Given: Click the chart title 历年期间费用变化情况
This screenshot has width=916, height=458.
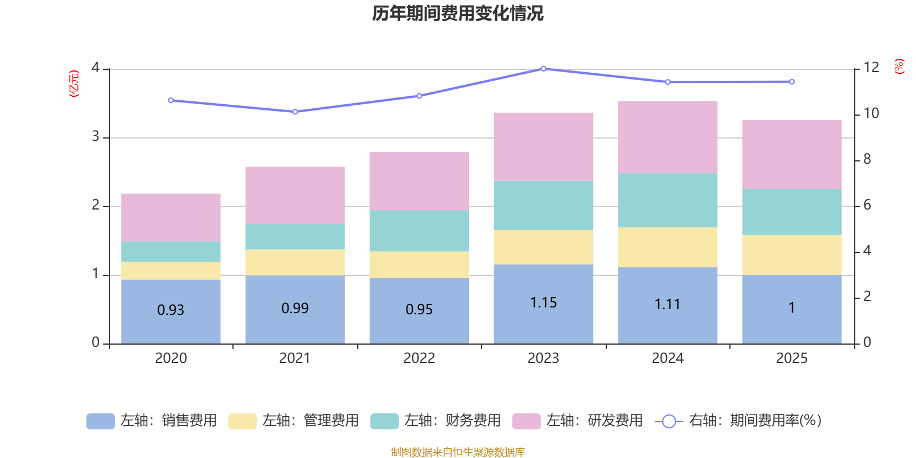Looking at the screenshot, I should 457,13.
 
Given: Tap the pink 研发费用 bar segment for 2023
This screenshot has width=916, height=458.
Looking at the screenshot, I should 543,147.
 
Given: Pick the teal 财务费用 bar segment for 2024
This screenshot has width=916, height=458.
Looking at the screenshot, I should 668,200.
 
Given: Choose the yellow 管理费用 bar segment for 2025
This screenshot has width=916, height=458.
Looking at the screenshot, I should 792,255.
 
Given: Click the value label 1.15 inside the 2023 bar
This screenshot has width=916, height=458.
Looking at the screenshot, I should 543,303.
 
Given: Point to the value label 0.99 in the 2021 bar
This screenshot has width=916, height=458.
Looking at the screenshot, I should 295,309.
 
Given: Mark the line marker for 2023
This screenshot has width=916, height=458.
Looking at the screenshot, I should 543,69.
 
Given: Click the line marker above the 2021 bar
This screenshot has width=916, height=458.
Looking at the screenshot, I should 295,112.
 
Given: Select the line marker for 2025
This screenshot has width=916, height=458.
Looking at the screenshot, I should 792,82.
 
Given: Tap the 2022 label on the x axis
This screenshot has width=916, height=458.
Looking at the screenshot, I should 419,358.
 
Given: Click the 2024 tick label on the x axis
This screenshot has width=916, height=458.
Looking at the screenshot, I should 668,358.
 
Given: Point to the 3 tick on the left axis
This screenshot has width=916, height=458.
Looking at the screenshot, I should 96,137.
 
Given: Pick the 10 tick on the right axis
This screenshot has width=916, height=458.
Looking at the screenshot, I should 871,113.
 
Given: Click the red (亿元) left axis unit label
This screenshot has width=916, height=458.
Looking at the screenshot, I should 74,84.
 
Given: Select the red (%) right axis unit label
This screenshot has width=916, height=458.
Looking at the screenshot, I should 899,66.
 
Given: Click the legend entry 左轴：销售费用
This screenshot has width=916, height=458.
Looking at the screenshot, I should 152,421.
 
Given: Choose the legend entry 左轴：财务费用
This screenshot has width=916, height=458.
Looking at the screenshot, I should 436,421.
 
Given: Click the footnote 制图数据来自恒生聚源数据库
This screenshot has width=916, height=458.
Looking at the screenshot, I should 457,452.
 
